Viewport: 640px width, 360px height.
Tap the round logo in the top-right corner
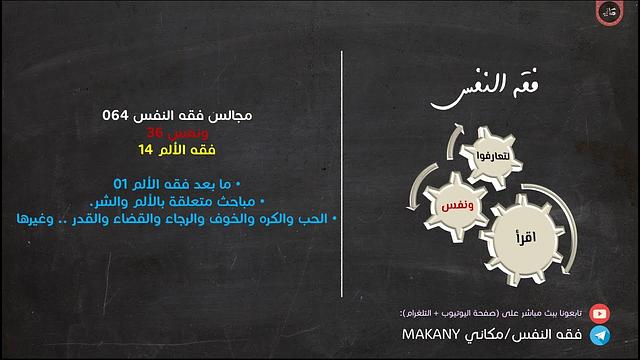(x=610, y=15)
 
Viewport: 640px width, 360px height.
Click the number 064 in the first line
(x=117, y=116)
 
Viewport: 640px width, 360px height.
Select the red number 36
(x=154, y=132)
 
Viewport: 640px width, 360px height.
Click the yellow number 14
(x=147, y=150)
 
